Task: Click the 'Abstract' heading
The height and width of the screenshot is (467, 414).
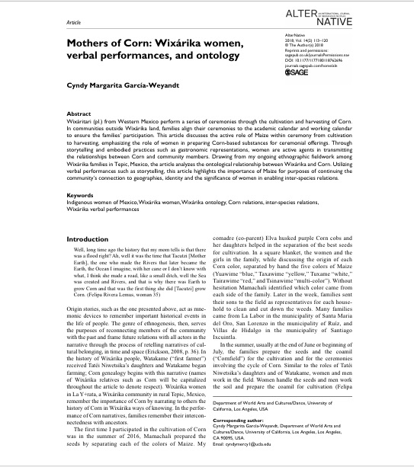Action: coord(59,136)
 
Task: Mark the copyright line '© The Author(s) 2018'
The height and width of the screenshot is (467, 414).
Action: coord(333,45)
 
